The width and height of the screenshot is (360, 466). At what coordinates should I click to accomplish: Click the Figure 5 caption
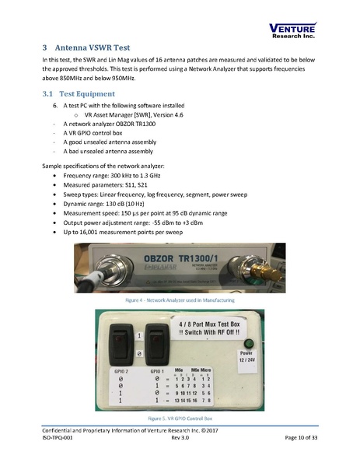point(180,417)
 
